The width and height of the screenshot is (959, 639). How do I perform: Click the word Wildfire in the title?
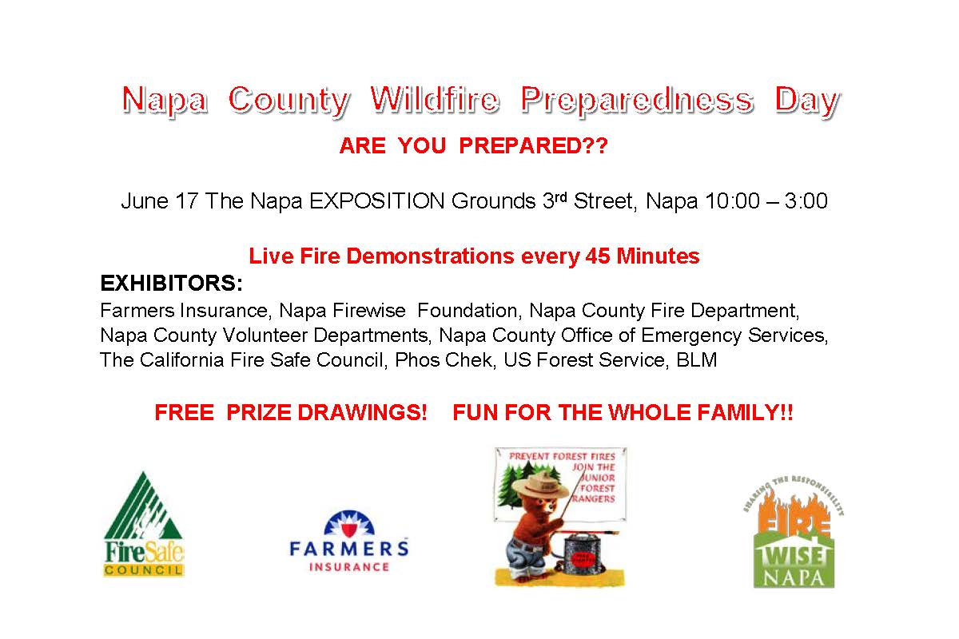tap(435, 100)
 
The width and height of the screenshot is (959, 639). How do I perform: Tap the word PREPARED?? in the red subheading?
tap(534, 146)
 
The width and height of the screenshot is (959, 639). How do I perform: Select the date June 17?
tap(160, 201)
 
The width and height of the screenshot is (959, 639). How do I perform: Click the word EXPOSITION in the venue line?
tap(376, 201)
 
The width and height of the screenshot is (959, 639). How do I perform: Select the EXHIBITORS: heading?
tap(171, 284)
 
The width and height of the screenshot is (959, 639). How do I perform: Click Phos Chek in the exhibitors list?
tap(443, 360)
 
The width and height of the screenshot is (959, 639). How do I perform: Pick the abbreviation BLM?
tap(697, 360)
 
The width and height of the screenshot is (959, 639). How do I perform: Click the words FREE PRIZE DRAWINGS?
tap(291, 413)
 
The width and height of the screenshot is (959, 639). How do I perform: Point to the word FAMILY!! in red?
tap(745, 413)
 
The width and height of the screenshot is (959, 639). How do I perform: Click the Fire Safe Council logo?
tap(144, 525)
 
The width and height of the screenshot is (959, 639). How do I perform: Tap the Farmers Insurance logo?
tap(349, 541)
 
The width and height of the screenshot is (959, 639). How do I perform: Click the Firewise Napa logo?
tap(794, 531)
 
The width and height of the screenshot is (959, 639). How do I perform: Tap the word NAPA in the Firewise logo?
tap(794, 577)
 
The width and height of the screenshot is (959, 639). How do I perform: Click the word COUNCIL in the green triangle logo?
tap(144, 570)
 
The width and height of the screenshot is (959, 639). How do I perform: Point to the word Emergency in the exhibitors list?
tap(691, 335)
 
